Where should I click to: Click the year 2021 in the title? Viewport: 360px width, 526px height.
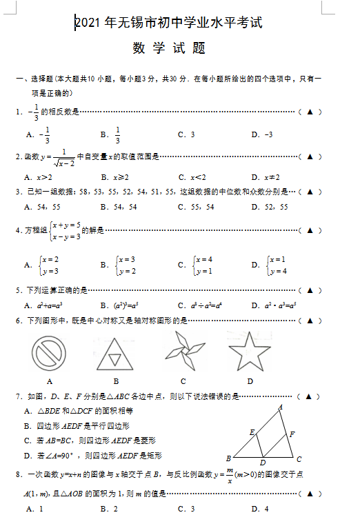click(x=87, y=23)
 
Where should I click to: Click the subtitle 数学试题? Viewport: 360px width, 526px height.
click(x=169, y=49)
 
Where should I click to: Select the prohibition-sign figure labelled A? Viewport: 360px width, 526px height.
click(x=50, y=352)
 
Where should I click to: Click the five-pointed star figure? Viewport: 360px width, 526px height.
click(x=249, y=352)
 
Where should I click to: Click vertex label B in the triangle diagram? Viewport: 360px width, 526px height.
click(x=229, y=458)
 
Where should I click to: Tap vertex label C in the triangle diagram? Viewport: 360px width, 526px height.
click(x=299, y=458)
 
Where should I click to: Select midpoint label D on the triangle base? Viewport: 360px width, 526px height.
click(x=263, y=463)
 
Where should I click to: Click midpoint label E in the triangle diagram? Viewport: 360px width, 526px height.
click(x=252, y=432)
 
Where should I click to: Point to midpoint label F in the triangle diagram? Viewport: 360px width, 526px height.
click(x=292, y=434)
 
